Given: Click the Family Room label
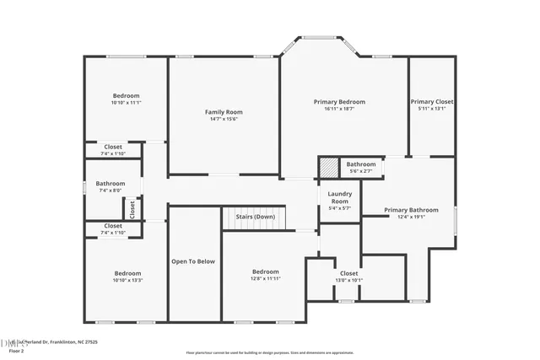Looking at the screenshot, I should point(224,112).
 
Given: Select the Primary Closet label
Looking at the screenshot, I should point(431,101).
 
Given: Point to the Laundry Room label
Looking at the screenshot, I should point(339,198).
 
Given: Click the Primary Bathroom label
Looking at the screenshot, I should point(411,210).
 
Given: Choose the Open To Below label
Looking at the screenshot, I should point(194,261).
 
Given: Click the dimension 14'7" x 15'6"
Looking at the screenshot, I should point(224,119).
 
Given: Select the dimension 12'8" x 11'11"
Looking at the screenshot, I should point(265,278).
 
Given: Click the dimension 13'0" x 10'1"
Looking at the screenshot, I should point(348,280).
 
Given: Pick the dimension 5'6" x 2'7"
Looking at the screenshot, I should point(360,171).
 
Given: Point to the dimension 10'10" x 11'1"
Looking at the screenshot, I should point(126,102).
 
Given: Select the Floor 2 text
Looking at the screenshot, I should point(16,351).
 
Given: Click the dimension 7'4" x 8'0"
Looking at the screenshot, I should point(111,191).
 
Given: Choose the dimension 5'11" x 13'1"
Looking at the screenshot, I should point(431,108).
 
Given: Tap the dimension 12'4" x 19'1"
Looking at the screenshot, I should point(411,217).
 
